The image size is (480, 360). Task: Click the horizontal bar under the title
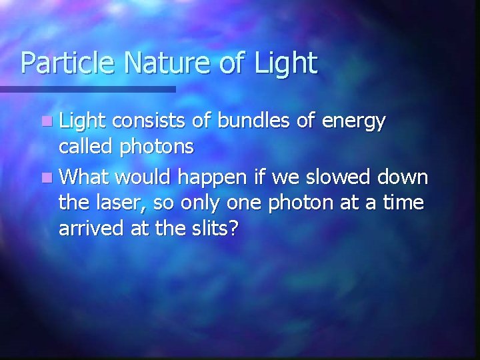click(x=87, y=89)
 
